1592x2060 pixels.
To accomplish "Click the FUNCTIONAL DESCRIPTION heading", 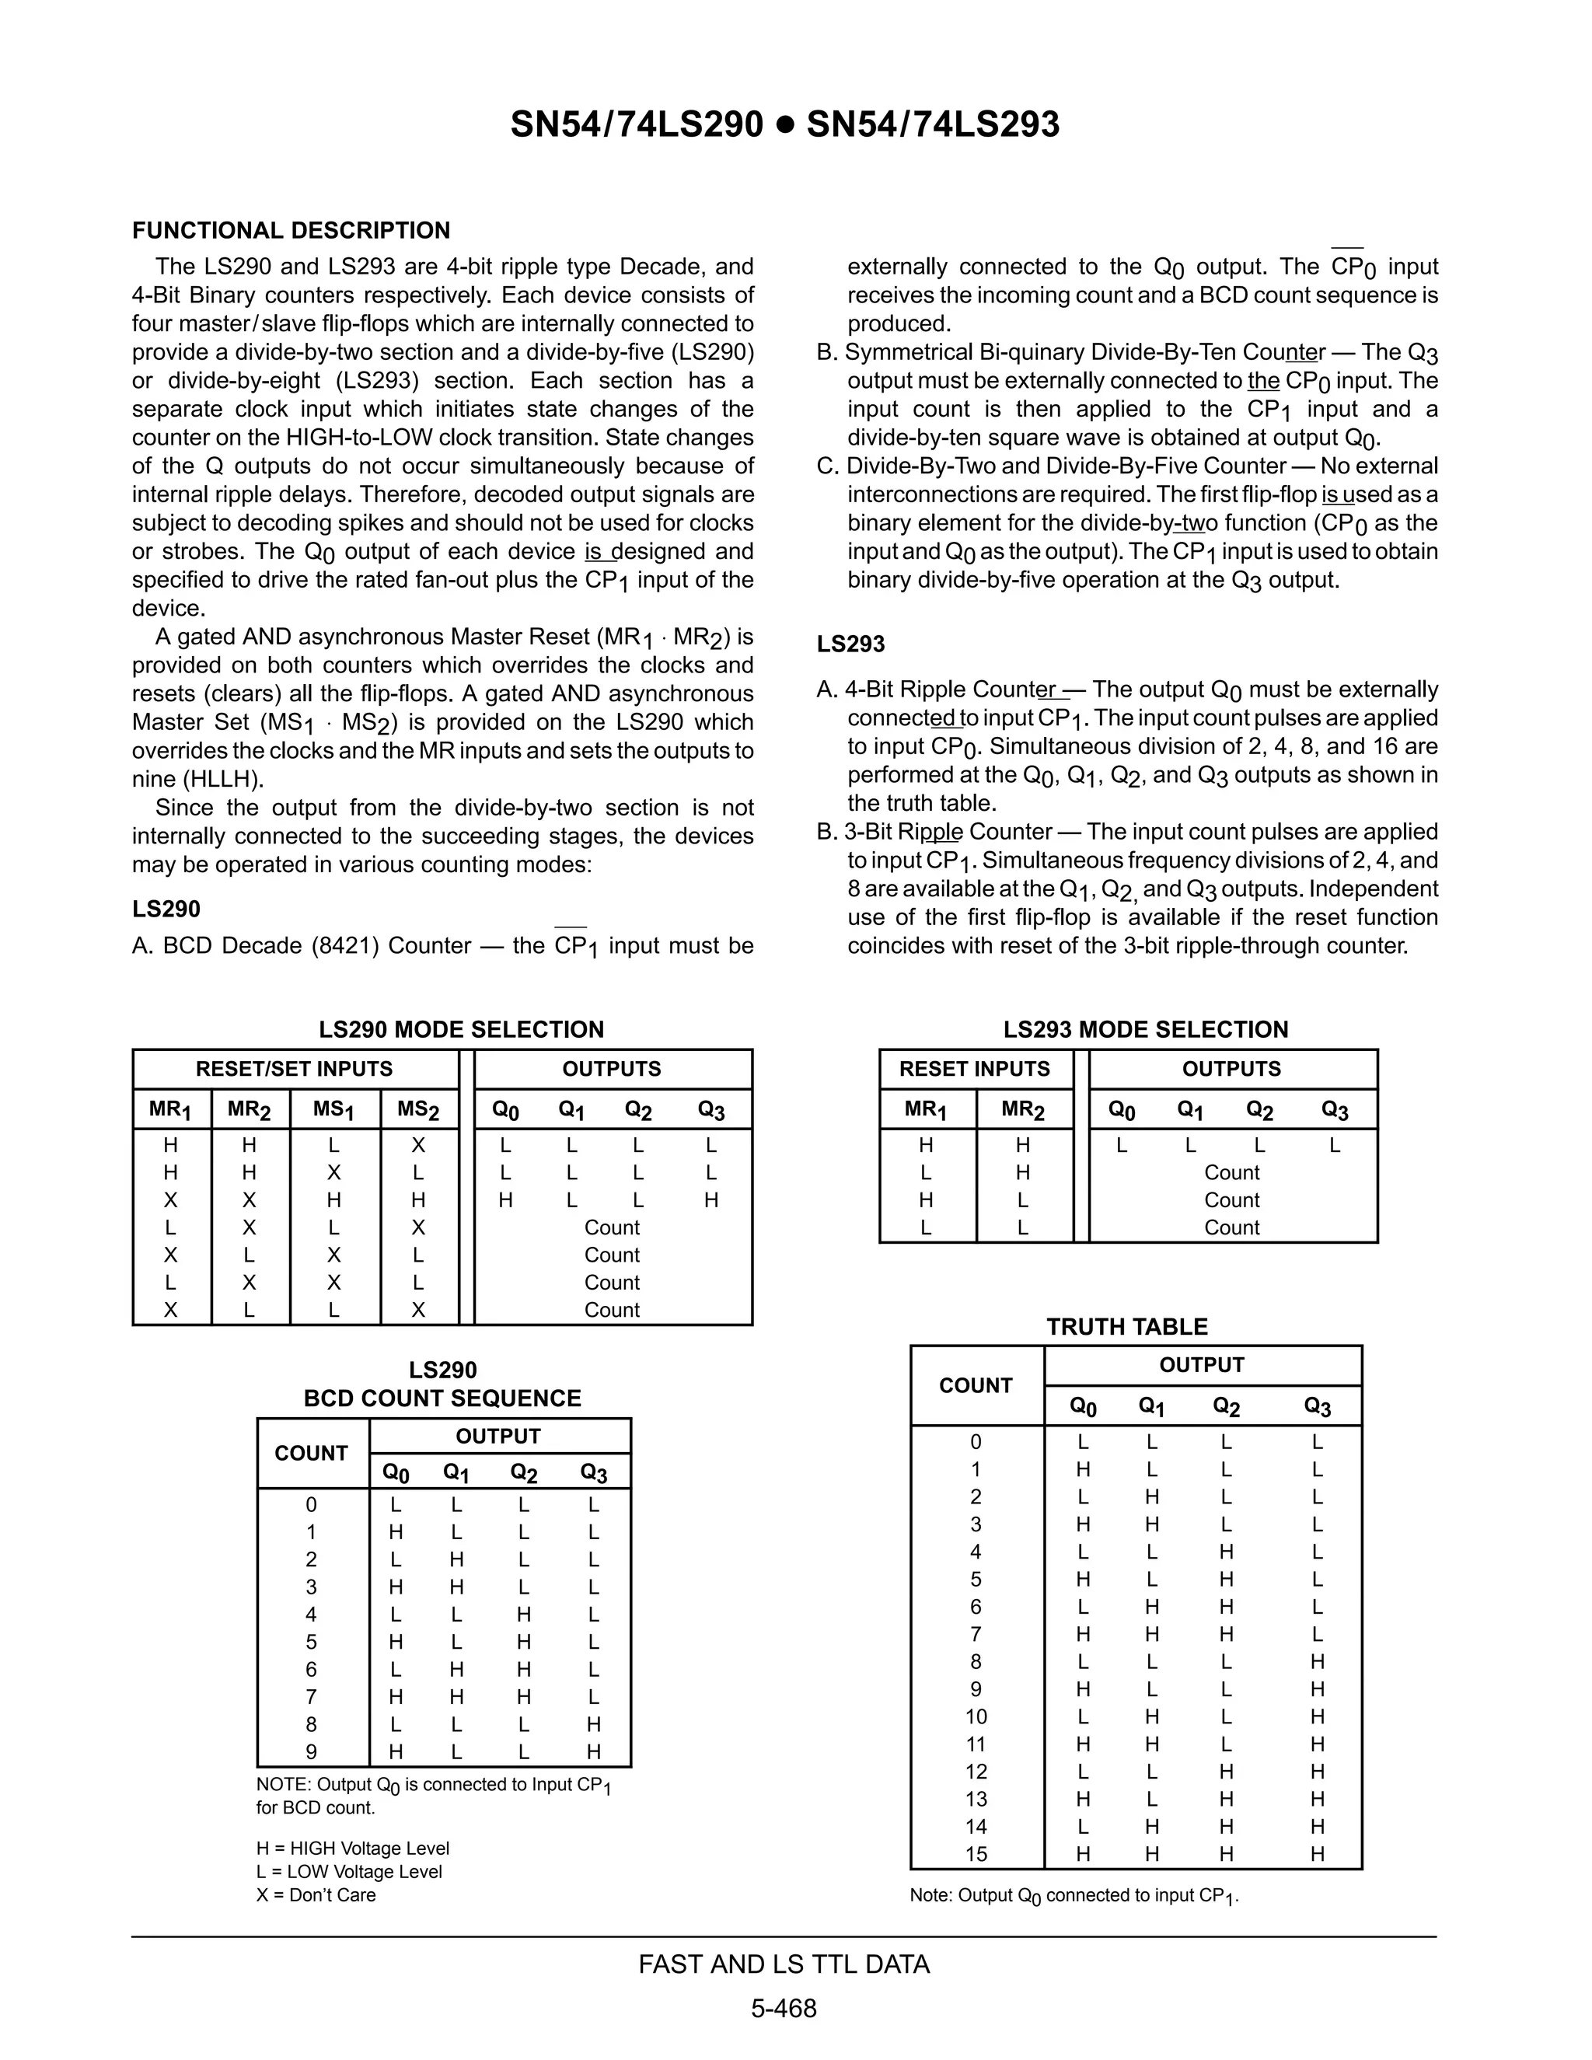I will (291, 230).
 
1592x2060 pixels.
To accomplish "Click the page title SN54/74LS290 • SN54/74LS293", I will (784, 124).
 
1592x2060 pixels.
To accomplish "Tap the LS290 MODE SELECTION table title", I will (461, 1029).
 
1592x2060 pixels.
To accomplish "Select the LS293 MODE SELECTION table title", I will (1145, 1029).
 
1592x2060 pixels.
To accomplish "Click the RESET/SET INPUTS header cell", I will (295, 1069).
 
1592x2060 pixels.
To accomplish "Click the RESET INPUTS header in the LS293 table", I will (974, 1069).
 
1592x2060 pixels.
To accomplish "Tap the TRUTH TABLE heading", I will (1126, 1326).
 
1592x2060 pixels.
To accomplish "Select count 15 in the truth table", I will (976, 1853).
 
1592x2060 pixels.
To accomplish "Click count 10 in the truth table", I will (976, 1716).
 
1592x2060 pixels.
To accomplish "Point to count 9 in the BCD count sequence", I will (311, 1751).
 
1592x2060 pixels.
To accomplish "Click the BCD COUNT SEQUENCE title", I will (442, 1398).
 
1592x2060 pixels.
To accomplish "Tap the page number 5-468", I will (784, 2008).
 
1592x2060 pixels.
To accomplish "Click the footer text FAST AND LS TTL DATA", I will (784, 1964).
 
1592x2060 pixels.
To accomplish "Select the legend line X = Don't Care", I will (316, 1895).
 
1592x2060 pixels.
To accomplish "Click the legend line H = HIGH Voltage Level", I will (353, 1848).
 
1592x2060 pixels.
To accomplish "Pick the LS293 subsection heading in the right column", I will (850, 644).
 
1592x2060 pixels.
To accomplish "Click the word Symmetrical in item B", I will (906, 353).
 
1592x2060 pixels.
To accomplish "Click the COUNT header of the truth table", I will (976, 1384).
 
